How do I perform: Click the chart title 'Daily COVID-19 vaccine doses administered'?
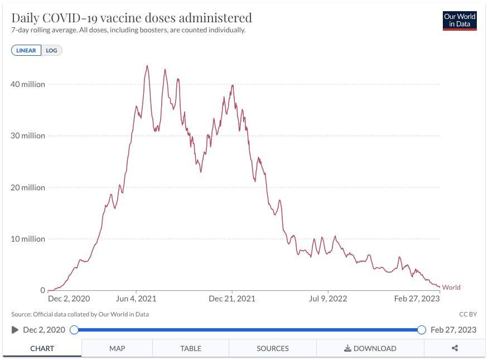(132, 17)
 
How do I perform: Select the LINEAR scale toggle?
(26, 50)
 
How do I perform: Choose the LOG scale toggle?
(52, 50)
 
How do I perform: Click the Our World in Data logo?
(460, 20)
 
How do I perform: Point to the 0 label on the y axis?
(42, 290)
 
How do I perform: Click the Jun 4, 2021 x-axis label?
(136, 299)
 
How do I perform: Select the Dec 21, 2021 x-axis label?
(232, 299)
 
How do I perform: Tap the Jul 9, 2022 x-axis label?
(328, 299)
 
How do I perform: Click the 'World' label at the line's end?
(451, 287)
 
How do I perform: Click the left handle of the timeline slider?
(74, 330)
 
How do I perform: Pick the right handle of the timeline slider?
(422, 330)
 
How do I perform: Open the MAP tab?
(117, 348)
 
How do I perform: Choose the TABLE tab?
(191, 348)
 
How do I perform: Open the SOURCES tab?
(273, 348)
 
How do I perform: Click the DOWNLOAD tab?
(370, 348)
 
